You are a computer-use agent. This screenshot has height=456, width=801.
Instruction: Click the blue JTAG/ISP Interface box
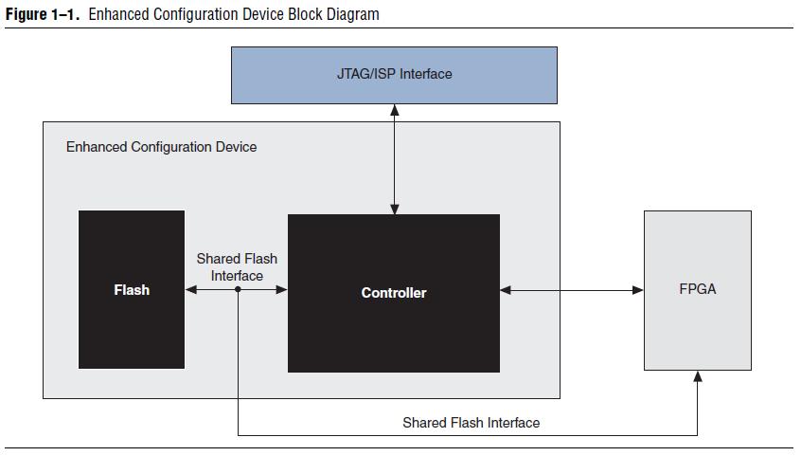(x=395, y=73)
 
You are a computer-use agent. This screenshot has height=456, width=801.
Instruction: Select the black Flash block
(x=131, y=289)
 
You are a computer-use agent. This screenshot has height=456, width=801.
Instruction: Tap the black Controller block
(x=394, y=292)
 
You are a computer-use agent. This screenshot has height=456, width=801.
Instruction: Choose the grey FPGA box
(x=698, y=290)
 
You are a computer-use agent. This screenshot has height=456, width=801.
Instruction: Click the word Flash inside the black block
(x=132, y=289)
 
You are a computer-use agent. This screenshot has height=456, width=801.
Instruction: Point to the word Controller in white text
(x=394, y=293)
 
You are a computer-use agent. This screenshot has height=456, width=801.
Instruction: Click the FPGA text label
(x=698, y=289)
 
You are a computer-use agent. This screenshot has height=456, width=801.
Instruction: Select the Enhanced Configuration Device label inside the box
(x=161, y=147)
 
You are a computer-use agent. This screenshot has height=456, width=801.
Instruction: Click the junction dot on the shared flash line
(x=238, y=290)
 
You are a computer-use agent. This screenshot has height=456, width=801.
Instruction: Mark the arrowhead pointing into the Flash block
(x=190, y=290)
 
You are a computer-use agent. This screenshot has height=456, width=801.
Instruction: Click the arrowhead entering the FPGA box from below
(x=699, y=376)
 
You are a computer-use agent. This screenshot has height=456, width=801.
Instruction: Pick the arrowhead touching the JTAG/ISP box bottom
(x=395, y=109)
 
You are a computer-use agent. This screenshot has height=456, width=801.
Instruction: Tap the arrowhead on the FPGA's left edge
(x=638, y=290)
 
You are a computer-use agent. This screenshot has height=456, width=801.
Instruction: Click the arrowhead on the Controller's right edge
(x=506, y=290)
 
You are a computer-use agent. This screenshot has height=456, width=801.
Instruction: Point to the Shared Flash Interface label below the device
(x=471, y=422)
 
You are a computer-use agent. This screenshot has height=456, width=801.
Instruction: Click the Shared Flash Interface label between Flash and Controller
(x=237, y=266)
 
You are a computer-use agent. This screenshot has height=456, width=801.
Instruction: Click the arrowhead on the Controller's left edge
(x=281, y=290)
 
